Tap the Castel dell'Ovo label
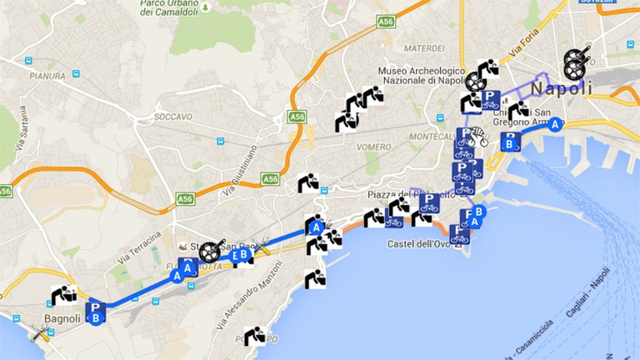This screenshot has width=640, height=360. [420, 244]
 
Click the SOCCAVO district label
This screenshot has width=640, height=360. [173, 117]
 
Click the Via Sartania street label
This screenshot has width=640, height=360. [17, 149]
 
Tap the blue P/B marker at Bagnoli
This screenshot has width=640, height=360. [97, 312]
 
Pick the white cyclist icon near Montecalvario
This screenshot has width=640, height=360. [478, 137]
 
